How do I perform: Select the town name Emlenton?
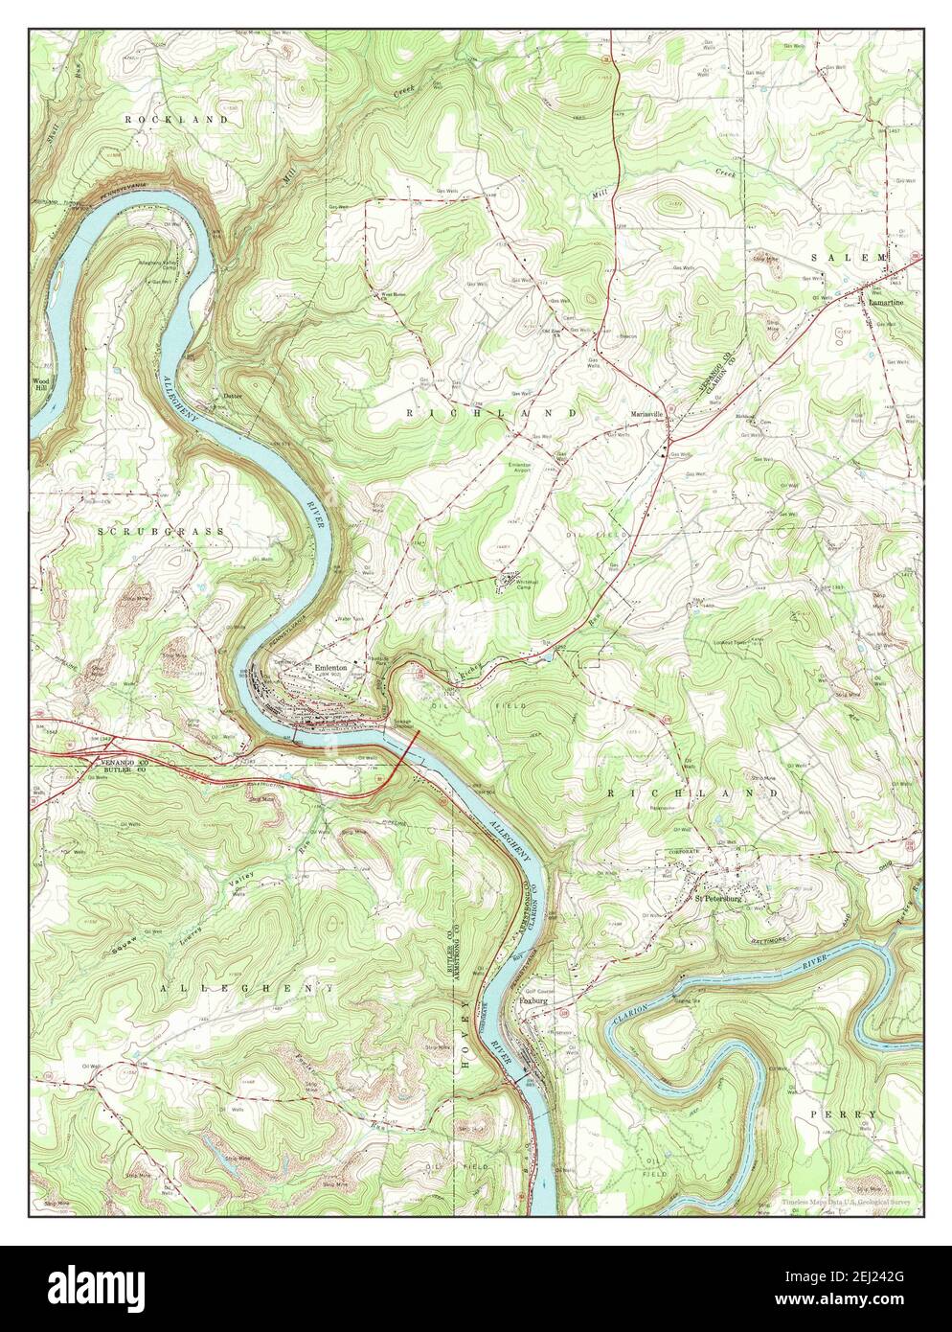pyautogui.click(x=330, y=668)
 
